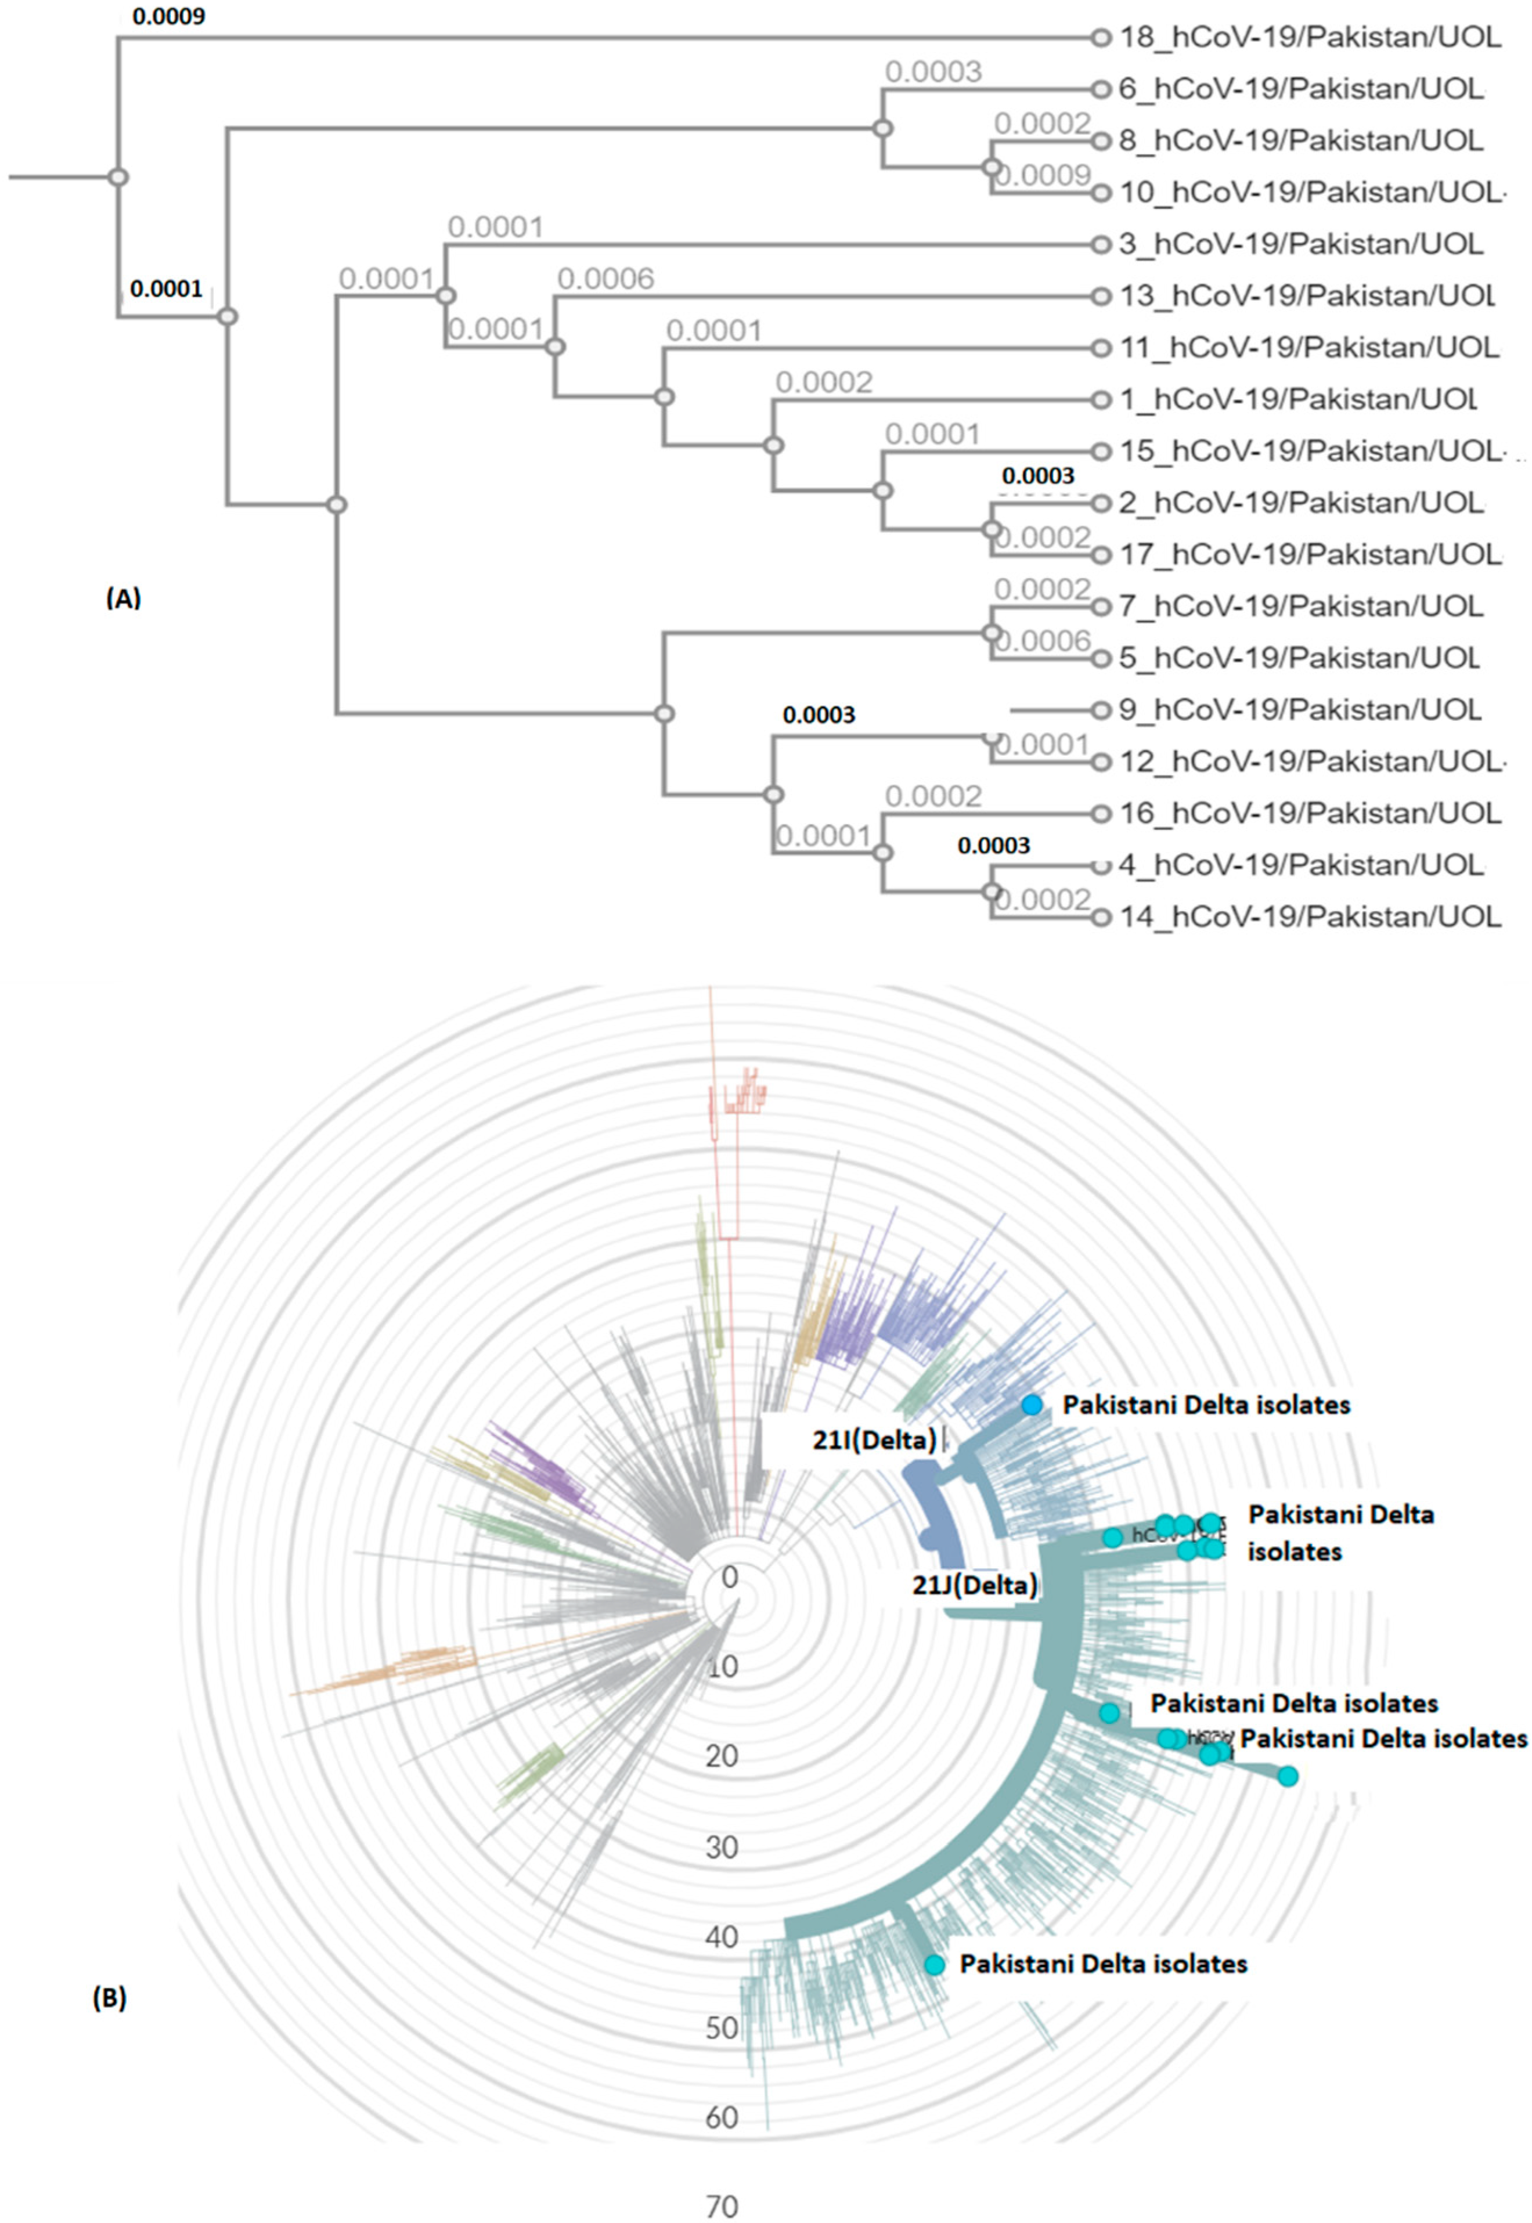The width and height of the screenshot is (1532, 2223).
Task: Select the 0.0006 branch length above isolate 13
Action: tap(605, 279)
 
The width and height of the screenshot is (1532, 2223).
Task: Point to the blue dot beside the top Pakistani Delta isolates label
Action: tap(1031, 1405)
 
